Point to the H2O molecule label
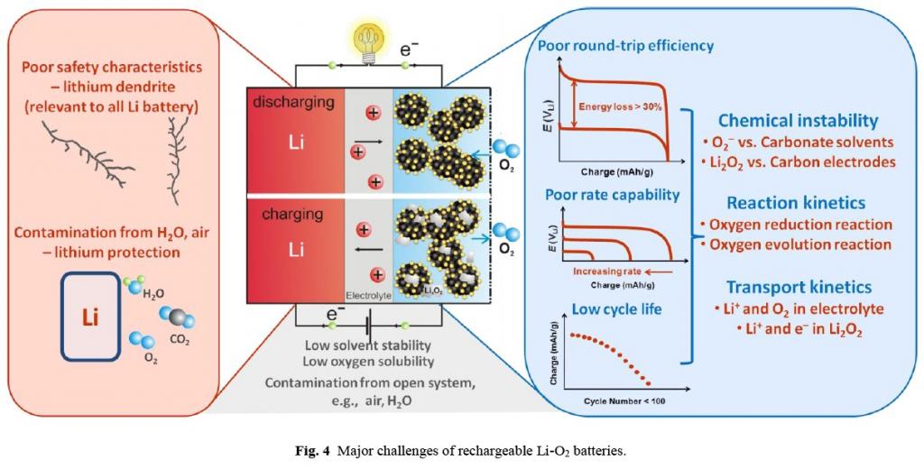(x=153, y=294)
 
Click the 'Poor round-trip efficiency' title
(x=625, y=45)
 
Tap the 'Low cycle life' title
(x=604, y=309)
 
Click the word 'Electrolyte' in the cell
(x=368, y=295)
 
